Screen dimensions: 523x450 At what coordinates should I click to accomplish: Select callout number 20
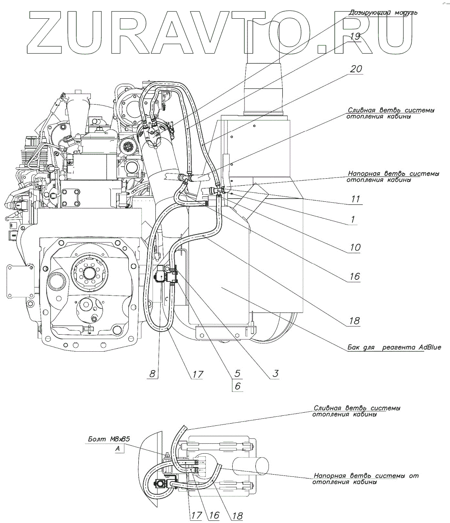point(356,69)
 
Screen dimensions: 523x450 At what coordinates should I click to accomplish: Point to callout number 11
point(355,200)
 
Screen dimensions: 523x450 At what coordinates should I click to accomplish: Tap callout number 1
point(352,220)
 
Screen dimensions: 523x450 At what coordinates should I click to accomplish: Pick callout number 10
point(355,248)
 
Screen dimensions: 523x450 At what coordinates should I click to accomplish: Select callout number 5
point(237,374)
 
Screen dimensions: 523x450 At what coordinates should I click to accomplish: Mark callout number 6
point(237,386)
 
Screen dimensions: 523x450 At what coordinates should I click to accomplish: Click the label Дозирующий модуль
point(383,13)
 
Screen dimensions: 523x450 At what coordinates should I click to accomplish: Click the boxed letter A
point(118,448)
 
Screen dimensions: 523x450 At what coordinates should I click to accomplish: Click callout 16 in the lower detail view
point(213,515)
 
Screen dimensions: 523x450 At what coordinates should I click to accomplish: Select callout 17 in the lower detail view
point(196,515)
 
